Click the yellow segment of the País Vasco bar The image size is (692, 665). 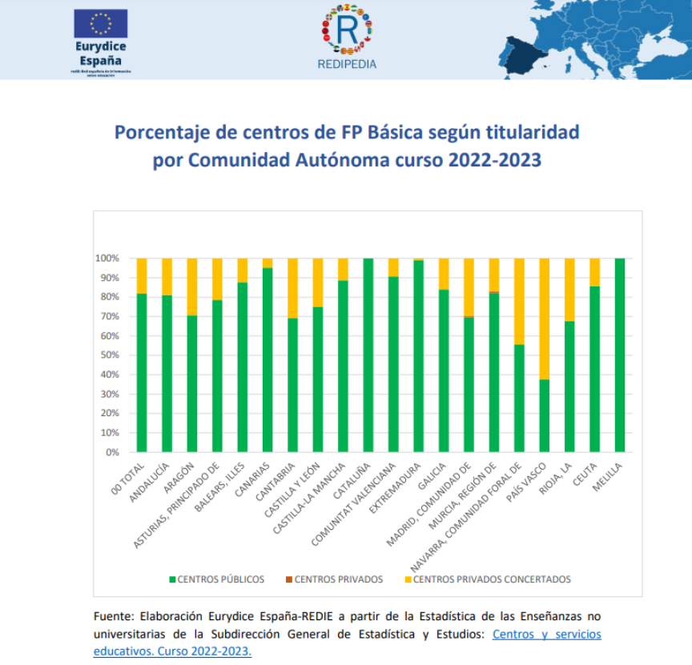545,318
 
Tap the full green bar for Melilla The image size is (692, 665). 620,355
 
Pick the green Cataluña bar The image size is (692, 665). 368,355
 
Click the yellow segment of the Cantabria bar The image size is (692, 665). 292,288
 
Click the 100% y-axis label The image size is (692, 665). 107,258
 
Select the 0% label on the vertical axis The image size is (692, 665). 111,452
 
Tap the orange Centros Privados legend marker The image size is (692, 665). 289,579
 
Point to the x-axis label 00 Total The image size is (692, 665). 129,472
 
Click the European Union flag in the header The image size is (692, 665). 100,23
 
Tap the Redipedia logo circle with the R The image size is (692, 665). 347,30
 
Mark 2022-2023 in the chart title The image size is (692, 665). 493,159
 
